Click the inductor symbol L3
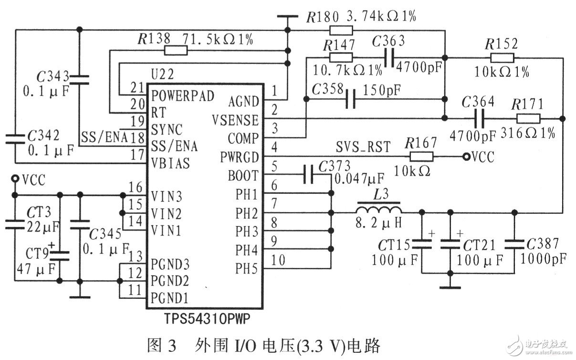tap(378, 210)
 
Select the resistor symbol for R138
tap(175, 50)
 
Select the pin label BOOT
tap(243, 176)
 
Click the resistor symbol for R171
tap(527, 119)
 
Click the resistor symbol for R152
tap(501, 58)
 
